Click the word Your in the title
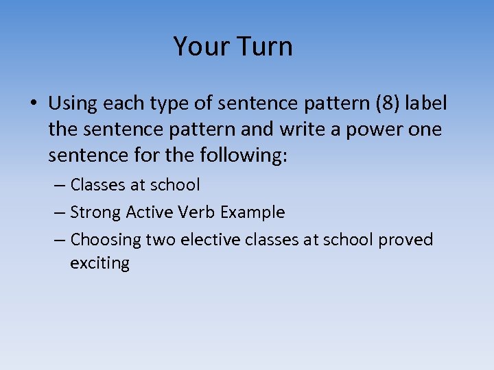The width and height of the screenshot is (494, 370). (x=201, y=47)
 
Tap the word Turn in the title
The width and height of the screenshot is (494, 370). (x=264, y=47)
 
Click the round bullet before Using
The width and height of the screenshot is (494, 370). (x=34, y=105)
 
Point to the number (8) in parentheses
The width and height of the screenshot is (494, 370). (x=386, y=103)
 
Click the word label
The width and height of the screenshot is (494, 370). (x=426, y=103)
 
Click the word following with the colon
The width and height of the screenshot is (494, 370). (x=246, y=156)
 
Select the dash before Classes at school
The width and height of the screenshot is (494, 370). (x=60, y=185)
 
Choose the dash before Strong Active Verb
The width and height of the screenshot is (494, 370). (x=60, y=212)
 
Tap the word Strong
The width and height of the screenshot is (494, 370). (x=96, y=212)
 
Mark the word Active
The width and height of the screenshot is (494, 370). (x=152, y=212)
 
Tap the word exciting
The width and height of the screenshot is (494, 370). (x=99, y=264)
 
